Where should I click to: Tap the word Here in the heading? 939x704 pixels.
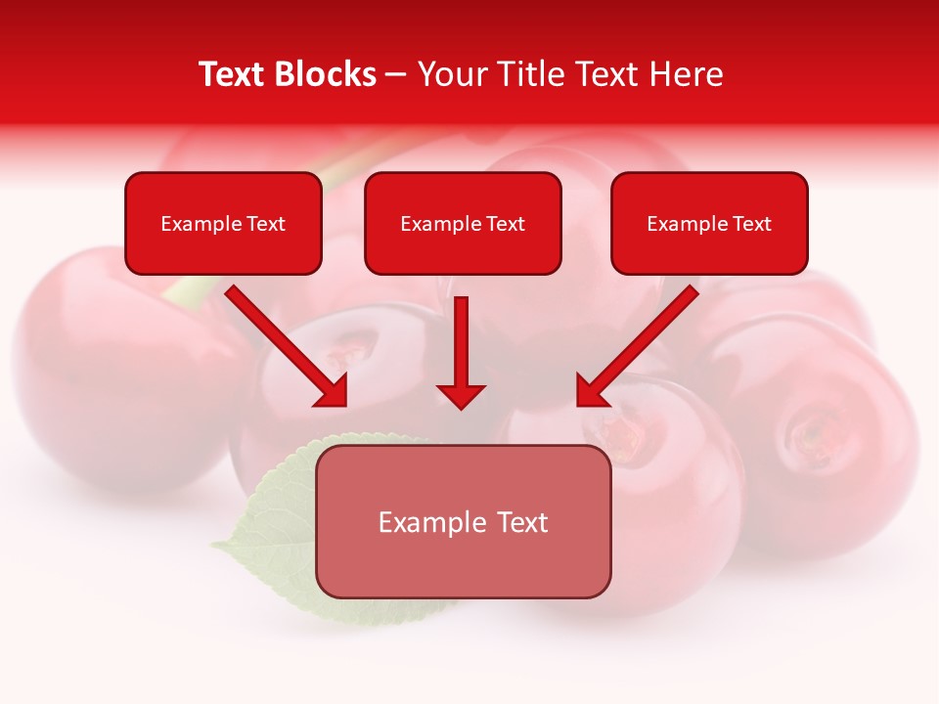[x=686, y=74]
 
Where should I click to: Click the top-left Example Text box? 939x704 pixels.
[x=223, y=223]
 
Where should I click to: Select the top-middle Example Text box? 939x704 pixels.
[x=463, y=223]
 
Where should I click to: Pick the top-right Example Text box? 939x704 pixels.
[x=709, y=223]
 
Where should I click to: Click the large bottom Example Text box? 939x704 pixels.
[x=463, y=521]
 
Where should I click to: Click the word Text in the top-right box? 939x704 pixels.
[x=751, y=224]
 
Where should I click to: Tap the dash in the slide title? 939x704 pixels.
[x=396, y=75]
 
